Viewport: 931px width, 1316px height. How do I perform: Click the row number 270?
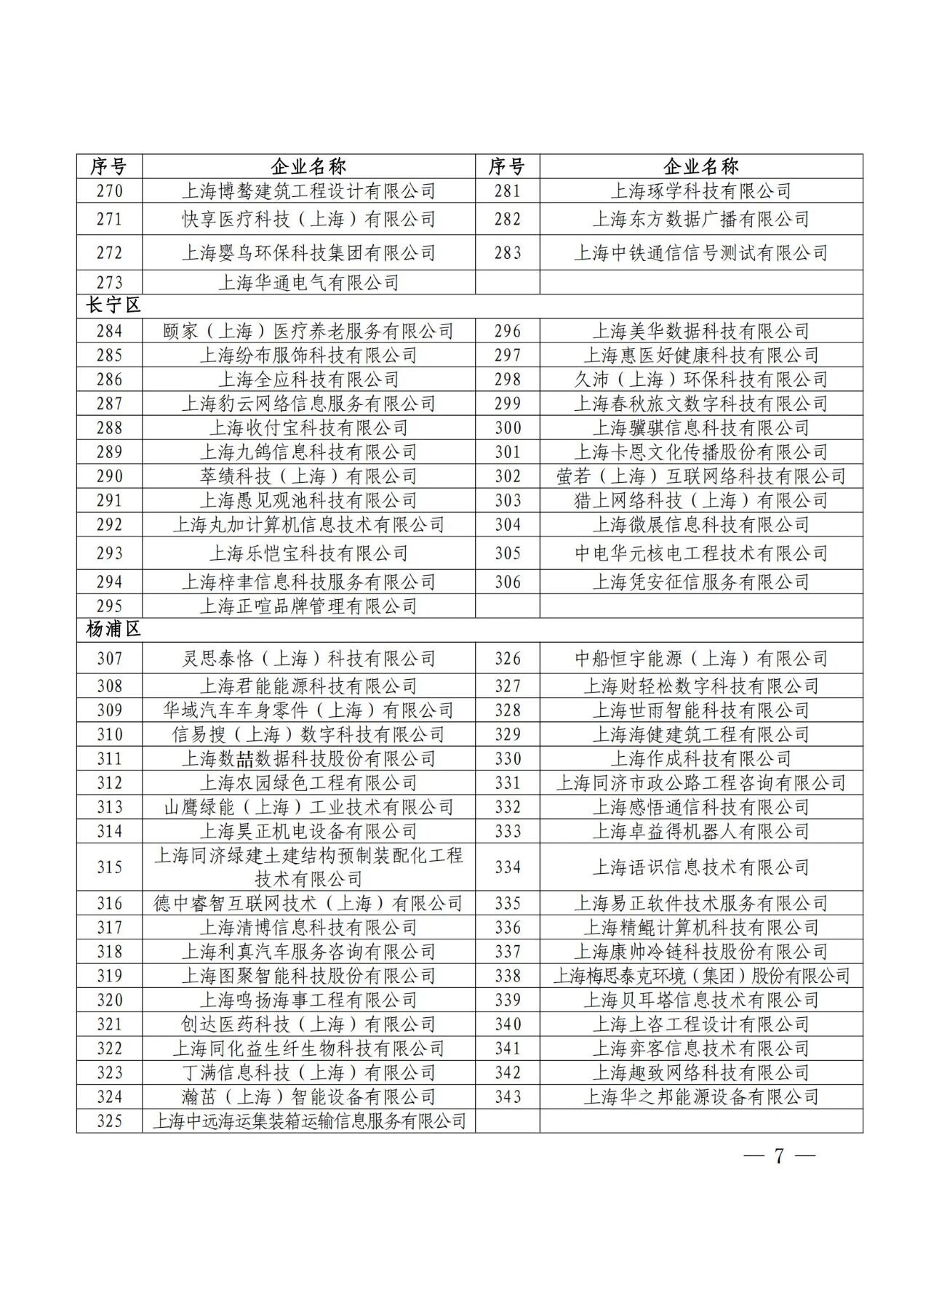[109, 191]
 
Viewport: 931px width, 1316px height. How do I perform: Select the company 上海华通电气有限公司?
[308, 283]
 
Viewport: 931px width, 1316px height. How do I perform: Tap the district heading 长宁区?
[113, 306]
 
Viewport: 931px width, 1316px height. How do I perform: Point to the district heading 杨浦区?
[113, 629]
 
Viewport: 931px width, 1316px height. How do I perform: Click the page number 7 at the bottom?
[779, 1156]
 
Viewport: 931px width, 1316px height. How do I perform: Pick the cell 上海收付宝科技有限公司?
[308, 428]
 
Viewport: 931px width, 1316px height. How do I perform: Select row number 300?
[507, 428]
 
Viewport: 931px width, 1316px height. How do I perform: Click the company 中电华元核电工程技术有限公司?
[700, 553]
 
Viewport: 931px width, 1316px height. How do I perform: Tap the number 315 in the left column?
[109, 867]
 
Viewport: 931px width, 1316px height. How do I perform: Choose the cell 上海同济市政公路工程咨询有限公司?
[700, 783]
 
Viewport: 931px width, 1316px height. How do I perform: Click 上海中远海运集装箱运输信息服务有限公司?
[308, 1121]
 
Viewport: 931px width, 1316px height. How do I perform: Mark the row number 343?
[507, 1096]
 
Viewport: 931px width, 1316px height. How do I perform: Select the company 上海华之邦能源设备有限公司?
[700, 1096]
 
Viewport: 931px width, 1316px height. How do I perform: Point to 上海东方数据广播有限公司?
[700, 219]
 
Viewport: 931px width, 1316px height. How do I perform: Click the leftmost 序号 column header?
[109, 166]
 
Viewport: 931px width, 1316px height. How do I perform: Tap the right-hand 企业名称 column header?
[700, 166]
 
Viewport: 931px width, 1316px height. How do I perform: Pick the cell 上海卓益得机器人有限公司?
[700, 831]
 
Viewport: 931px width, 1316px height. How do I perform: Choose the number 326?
[507, 659]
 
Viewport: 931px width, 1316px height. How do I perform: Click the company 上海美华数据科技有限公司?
[700, 332]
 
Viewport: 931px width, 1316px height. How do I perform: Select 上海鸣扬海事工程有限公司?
[308, 1000]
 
